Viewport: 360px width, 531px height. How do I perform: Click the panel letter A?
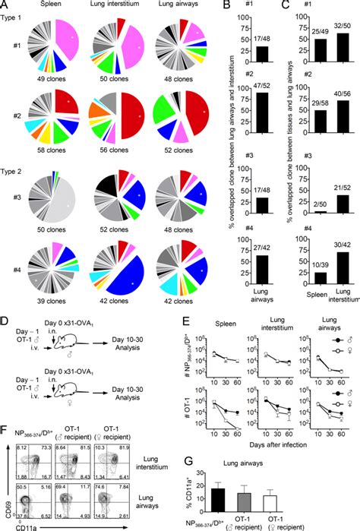5,5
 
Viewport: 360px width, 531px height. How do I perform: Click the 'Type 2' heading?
17,169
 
